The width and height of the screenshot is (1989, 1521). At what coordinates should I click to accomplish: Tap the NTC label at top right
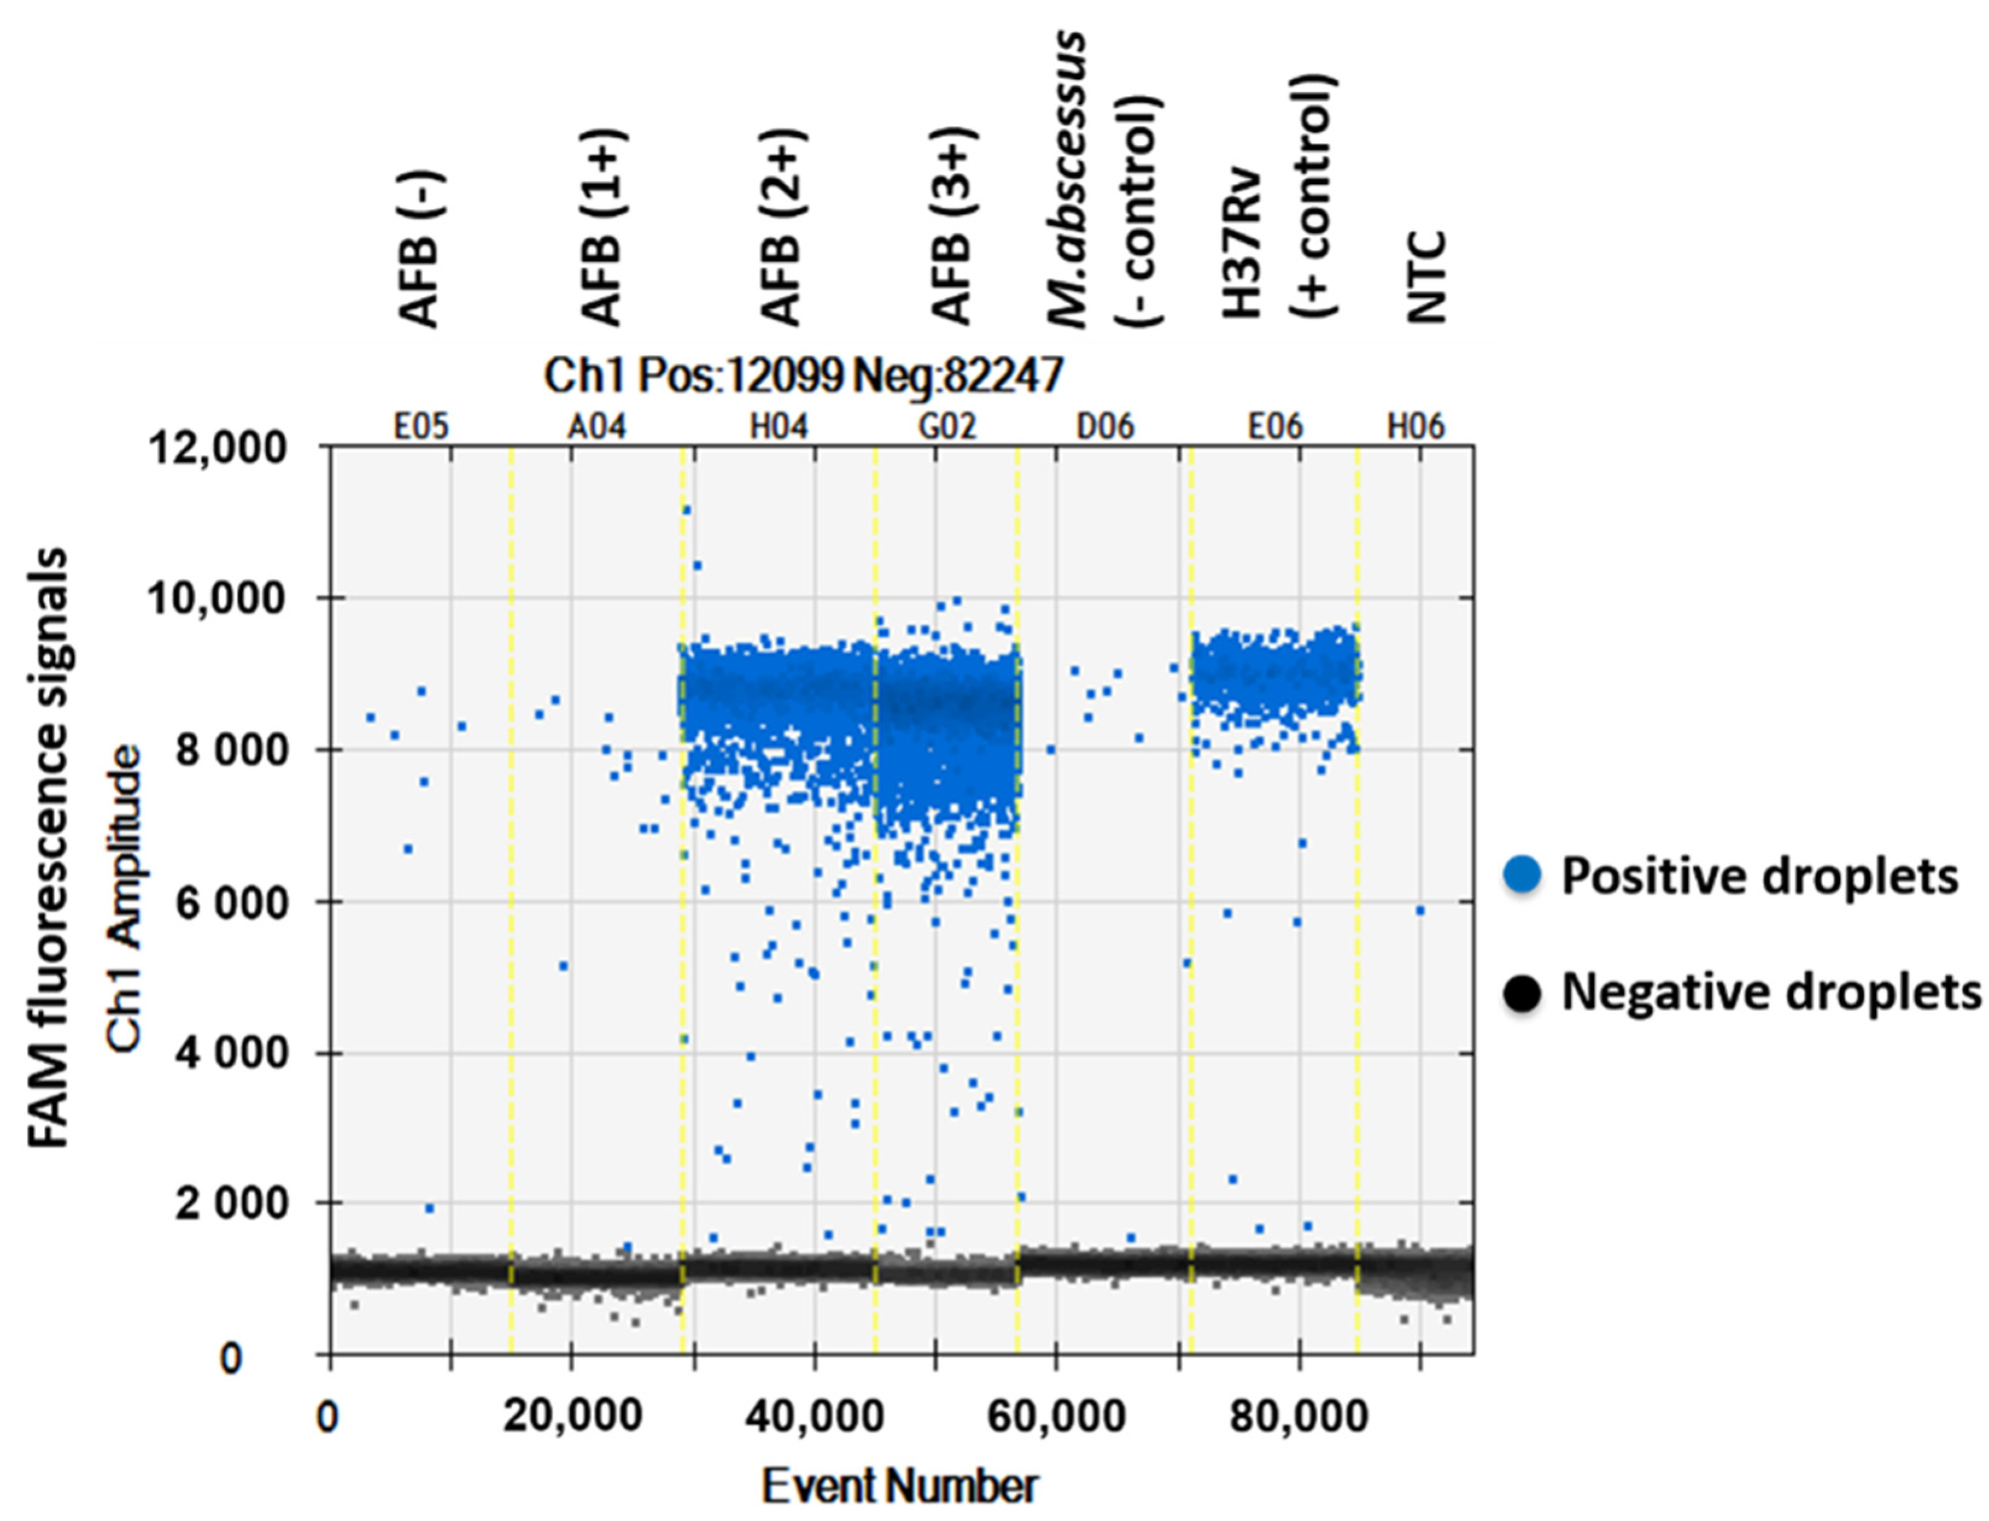(1426, 277)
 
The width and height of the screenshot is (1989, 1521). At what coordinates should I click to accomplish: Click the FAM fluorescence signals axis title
(47, 847)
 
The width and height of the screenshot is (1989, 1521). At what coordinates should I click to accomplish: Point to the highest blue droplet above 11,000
(687, 510)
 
